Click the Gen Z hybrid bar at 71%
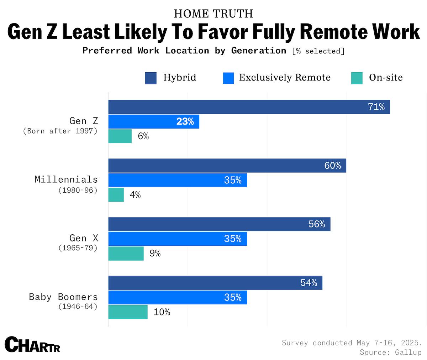249,107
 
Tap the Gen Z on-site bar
120,136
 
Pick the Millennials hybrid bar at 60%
227,166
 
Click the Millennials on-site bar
116,195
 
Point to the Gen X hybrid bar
219,224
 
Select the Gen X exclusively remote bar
177,239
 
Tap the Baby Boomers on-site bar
128,312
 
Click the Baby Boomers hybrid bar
215,283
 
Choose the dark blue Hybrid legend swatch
151,78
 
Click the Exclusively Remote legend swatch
228,78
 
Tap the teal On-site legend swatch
357,78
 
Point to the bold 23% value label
185,122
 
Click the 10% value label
162,312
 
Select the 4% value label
135,195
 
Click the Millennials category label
66,179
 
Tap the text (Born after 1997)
60,131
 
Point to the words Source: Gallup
390,352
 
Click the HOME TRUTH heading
213,14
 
